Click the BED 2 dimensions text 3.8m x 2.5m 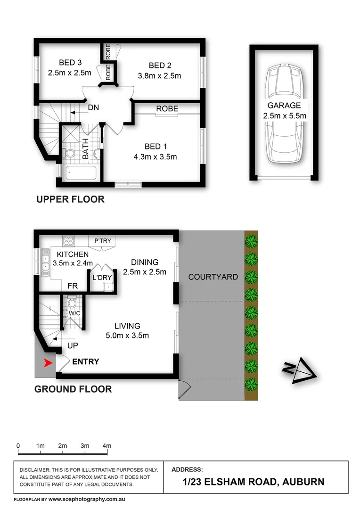[x=159, y=75]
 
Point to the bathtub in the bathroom [x=81, y=173]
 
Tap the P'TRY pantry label [x=103, y=241]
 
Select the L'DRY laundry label [x=102, y=278]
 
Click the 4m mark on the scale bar [x=107, y=445]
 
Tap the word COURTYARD [x=213, y=277]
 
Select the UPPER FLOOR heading [x=70, y=199]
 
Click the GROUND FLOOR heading [x=73, y=389]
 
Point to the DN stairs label [x=93, y=107]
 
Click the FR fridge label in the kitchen [x=73, y=286]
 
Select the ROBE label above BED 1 [x=167, y=109]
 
